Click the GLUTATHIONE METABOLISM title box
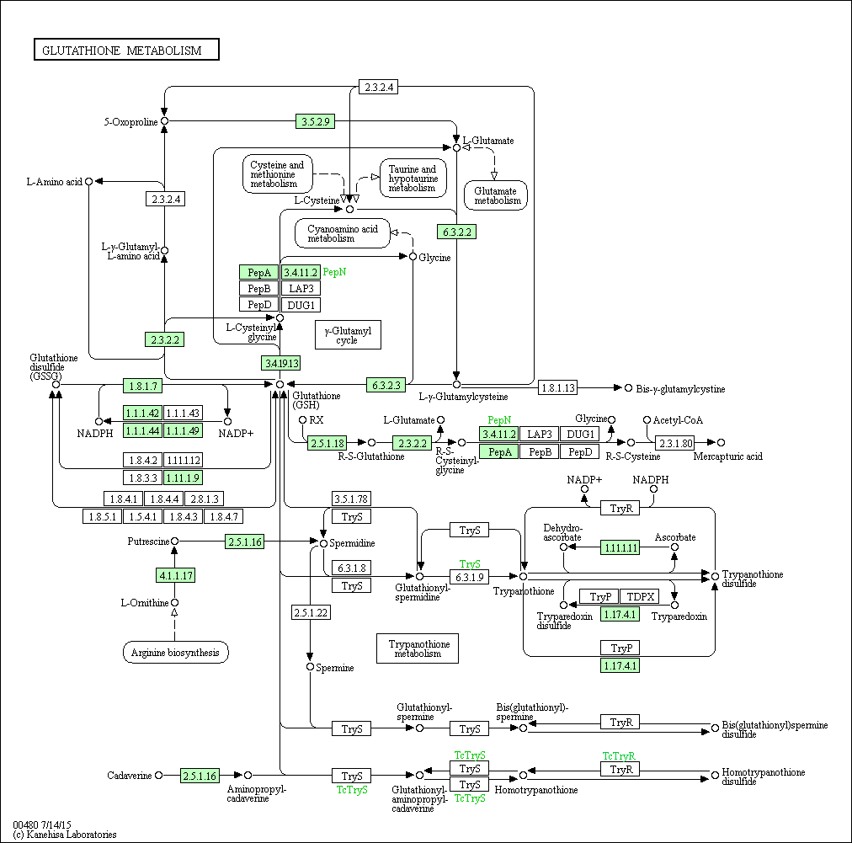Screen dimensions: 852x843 point(126,50)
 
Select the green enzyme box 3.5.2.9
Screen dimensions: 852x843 point(315,121)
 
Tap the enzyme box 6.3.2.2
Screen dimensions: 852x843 point(457,232)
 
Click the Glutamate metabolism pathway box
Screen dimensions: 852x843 point(496,195)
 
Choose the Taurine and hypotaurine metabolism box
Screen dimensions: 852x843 point(413,179)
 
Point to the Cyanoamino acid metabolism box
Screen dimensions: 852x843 point(343,234)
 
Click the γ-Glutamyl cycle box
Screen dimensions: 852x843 point(348,335)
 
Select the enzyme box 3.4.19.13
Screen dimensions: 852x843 point(281,363)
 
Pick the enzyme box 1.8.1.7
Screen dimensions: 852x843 point(143,386)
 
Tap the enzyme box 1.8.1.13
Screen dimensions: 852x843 point(558,387)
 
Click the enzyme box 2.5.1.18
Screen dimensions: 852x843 point(327,443)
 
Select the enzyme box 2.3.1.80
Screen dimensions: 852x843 point(675,443)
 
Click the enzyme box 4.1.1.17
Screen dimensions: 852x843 point(175,575)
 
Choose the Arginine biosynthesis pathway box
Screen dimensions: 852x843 point(175,652)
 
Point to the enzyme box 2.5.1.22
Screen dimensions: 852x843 point(311,612)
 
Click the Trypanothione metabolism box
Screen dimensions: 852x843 point(418,648)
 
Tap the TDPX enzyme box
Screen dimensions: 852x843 point(640,596)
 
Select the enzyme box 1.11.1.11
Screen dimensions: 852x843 point(620,547)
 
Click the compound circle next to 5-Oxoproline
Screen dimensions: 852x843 point(164,121)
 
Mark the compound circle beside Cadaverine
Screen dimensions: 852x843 point(158,775)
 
